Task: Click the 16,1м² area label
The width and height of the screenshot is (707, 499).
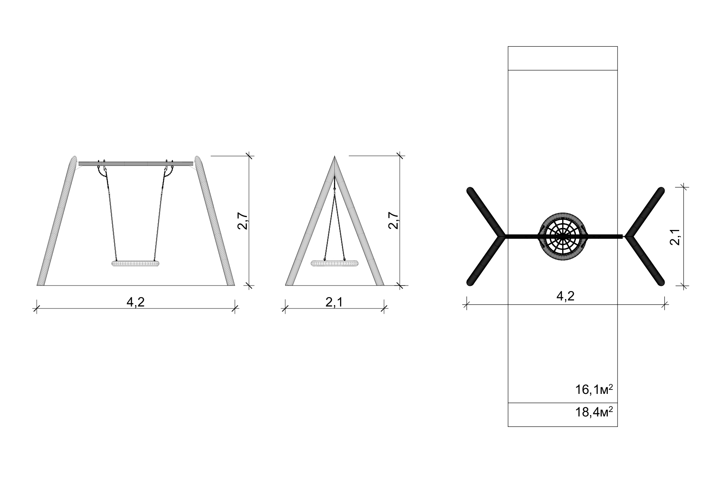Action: pyautogui.click(x=594, y=389)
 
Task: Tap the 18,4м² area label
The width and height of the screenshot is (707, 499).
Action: pyautogui.click(x=594, y=412)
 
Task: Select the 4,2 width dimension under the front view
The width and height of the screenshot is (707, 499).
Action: pyautogui.click(x=136, y=302)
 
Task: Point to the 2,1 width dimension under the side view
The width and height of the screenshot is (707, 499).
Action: pyautogui.click(x=334, y=302)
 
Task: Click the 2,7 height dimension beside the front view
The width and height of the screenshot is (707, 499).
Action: pyautogui.click(x=243, y=220)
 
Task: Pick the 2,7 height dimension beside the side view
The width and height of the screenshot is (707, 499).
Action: pyautogui.click(x=394, y=220)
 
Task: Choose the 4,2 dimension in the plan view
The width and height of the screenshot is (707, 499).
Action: pyautogui.click(x=565, y=296)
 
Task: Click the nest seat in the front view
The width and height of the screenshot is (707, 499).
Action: pyautogui.click(x=136, y=264)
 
